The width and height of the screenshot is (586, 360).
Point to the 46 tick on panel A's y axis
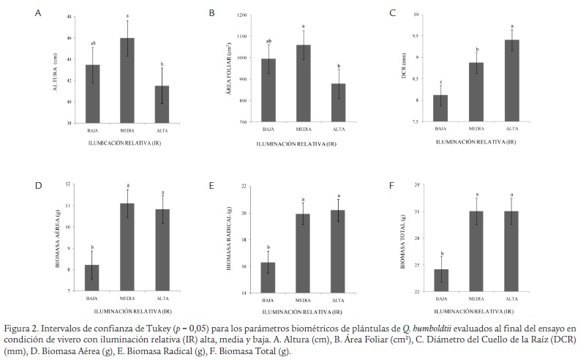point(70,38)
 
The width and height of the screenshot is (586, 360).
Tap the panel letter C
point(393,13)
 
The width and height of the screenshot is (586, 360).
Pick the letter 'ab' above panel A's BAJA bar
point(93,43)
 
